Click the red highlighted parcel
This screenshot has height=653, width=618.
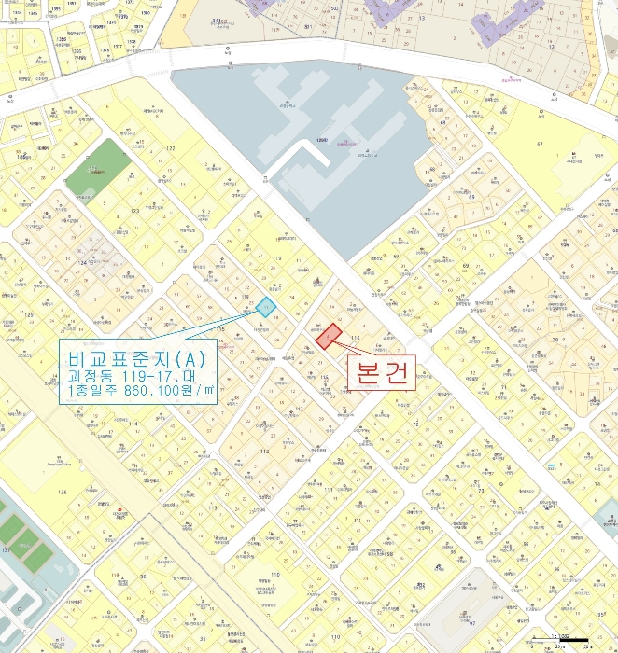coord(327,336)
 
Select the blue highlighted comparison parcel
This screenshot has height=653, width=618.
coord(265,307)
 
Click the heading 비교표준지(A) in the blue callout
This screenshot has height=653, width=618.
coord(136,356)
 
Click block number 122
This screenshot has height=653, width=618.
coord(170,149)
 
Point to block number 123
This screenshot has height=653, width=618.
coord(134,212)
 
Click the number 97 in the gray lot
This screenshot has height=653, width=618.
coord(472,622)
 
